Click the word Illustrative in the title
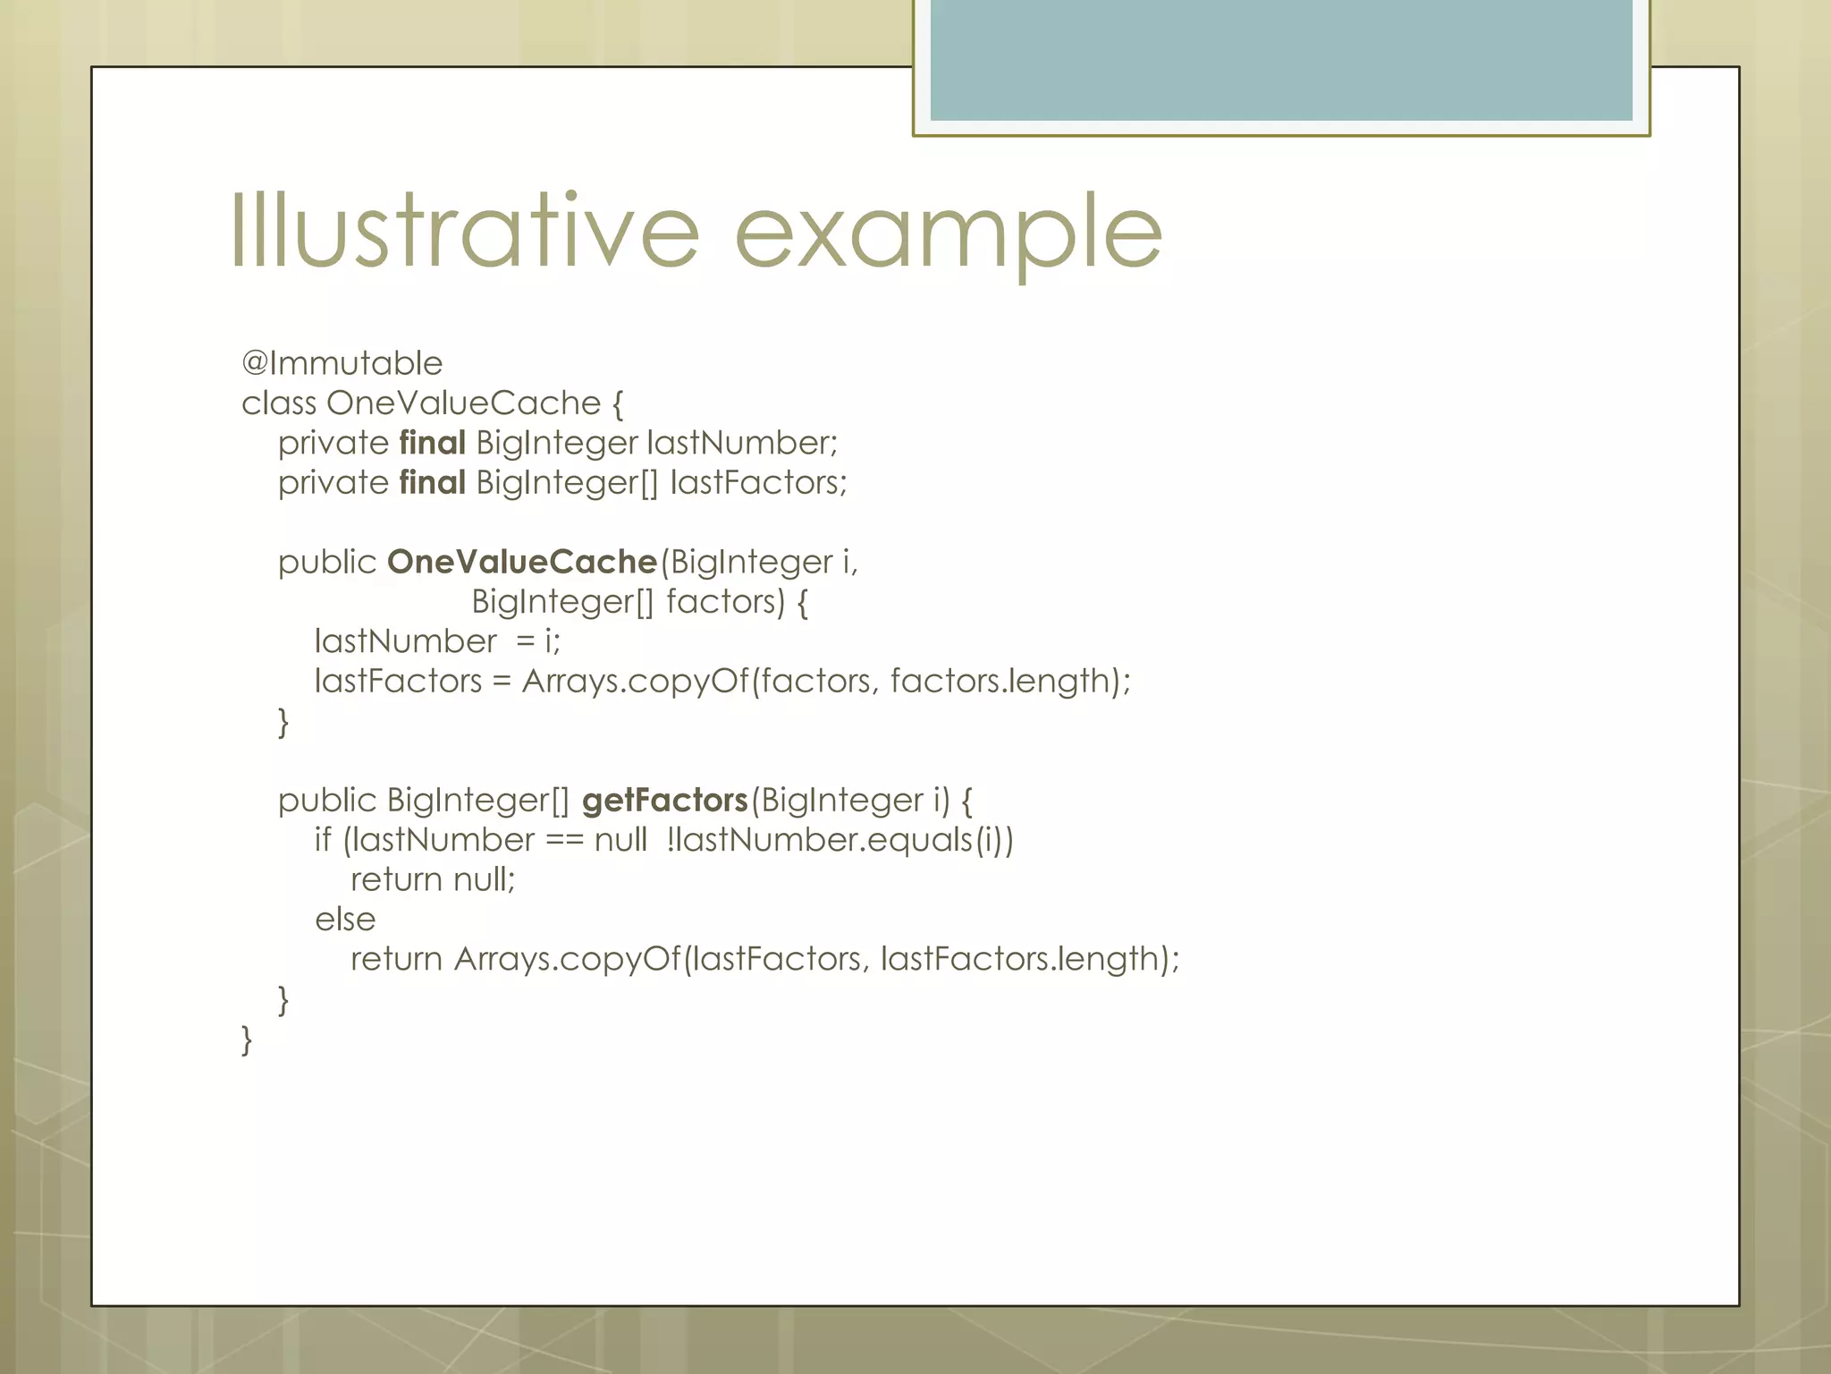point(464,231)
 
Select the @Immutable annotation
point(342,363)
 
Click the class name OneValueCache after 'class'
point(463,403)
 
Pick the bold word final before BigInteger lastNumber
point(432,443)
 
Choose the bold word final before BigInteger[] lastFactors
point(432,482)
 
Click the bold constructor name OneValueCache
point(522,562)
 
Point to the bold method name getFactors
point(664,800)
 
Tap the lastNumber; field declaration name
point(742,443)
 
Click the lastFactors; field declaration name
point(758,482)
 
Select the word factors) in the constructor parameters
point(725,601)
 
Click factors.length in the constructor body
point(1010,681)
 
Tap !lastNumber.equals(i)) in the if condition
point(840,840)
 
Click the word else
point(345,920)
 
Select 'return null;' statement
point(433,879)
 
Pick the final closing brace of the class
point(247,1039)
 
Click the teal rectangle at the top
point(1280,59)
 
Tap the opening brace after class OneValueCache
point(617,404)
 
